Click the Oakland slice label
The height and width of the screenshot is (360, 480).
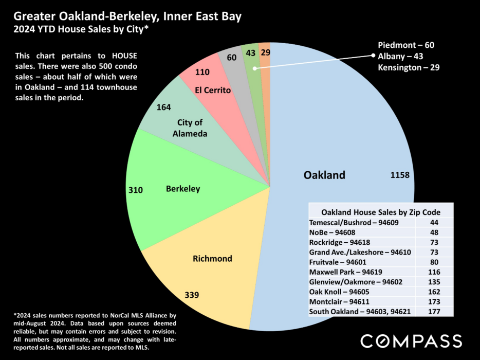point(324,175)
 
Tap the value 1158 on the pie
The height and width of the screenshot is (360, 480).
point(400,175)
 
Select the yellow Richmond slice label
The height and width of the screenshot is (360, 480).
point(212,259)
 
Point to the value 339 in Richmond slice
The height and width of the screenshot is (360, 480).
point(192,295)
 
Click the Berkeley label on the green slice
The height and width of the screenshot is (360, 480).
point(183,189)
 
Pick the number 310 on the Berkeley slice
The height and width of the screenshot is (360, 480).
point(135,190)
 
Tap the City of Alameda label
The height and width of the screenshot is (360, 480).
point(190,128)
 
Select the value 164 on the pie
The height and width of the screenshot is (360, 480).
point(164,107)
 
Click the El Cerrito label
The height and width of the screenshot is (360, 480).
point(213,90)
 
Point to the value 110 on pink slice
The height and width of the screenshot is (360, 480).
point(202,72)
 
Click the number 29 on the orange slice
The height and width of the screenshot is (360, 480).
point(265,52)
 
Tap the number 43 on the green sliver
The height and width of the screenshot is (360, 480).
point(250,53)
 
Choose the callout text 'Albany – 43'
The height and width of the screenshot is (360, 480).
point(400,57)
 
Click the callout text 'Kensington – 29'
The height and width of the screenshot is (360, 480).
point(409,67)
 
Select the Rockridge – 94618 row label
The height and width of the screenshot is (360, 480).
point(340,242)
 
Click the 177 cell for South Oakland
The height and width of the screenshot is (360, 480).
point(434,312)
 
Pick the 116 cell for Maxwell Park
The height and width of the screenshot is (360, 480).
point(434,272)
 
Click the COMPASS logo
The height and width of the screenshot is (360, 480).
point(411,341)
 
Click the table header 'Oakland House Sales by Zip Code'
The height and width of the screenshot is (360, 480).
point(381,212)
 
